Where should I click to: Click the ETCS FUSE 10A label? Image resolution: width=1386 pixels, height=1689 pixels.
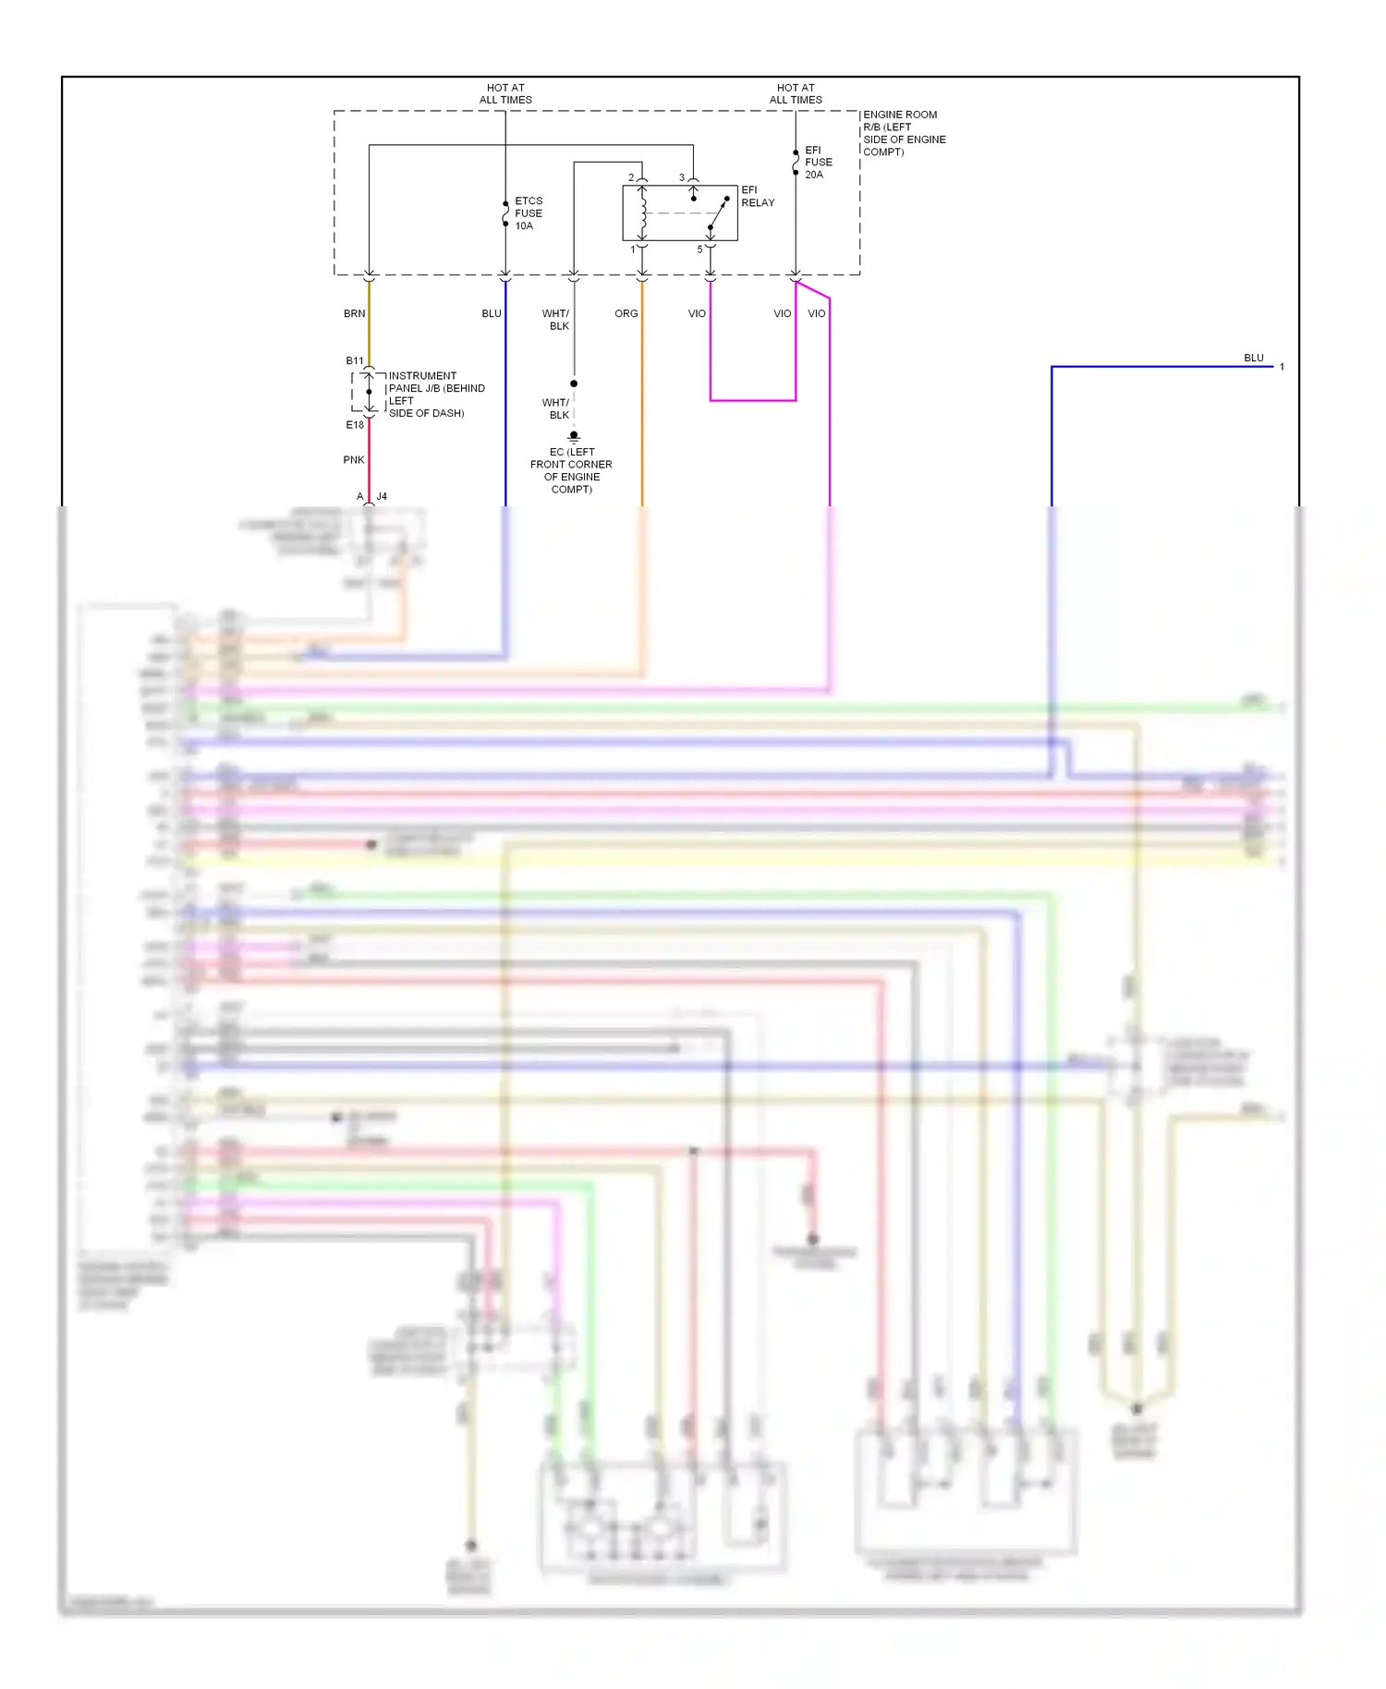pos(528,213)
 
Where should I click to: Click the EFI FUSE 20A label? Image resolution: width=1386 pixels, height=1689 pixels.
pos(817,162)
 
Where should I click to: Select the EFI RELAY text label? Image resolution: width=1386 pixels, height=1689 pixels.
pos(757,196)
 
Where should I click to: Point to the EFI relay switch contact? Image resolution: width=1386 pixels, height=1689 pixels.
pos(718,213)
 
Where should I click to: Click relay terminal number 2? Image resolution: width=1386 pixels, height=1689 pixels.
pos(631,177)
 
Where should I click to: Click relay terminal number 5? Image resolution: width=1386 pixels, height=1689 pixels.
pos(699,249)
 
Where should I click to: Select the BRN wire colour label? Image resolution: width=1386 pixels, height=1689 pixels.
pos(354,314)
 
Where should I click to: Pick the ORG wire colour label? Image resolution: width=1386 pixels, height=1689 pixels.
pos(626,314)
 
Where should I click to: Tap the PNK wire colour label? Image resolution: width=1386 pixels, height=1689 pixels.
pos(353,460)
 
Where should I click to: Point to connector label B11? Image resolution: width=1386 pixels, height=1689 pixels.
pos(355,360)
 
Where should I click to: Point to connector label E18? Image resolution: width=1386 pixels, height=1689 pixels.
pos(355,425)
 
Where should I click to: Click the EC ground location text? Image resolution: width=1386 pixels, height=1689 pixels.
pos(571,470)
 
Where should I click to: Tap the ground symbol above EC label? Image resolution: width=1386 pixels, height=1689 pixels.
pos(574,436)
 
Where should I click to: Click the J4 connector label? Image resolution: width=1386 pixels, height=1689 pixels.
pos(382,497)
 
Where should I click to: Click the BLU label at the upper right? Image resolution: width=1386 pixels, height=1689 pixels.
pos(1253,358)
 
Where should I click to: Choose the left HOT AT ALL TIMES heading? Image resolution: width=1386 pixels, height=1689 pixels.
pos(505,93)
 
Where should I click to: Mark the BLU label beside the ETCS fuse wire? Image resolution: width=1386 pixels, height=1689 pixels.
pos(491,314)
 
